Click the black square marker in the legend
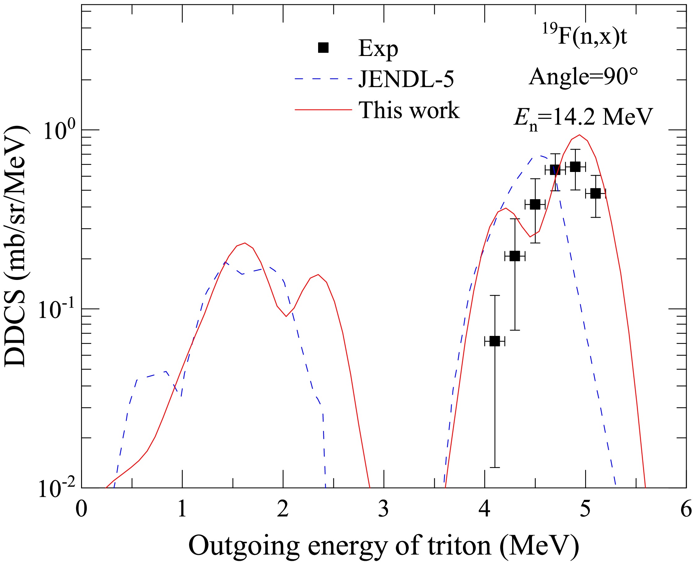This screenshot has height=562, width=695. coord(323,48)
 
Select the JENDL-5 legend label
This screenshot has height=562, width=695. coord(406,79)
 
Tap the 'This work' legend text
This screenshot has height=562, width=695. coord(409,110)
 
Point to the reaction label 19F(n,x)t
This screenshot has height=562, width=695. coord(585,36)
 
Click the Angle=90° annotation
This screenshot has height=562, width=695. coord(583,77)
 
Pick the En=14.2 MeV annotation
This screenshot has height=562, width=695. coord(583,117)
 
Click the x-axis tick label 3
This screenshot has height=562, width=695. coord(383,509)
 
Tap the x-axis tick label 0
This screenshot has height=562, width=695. coord(81,509)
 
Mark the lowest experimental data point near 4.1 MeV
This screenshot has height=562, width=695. coord(494,341)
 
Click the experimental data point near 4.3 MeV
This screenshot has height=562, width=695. coord(515,256)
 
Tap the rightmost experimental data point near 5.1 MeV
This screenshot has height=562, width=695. coord(595,194)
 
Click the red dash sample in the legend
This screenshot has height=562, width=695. coord(323,110)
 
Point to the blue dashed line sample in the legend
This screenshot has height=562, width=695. coord(323,79)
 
